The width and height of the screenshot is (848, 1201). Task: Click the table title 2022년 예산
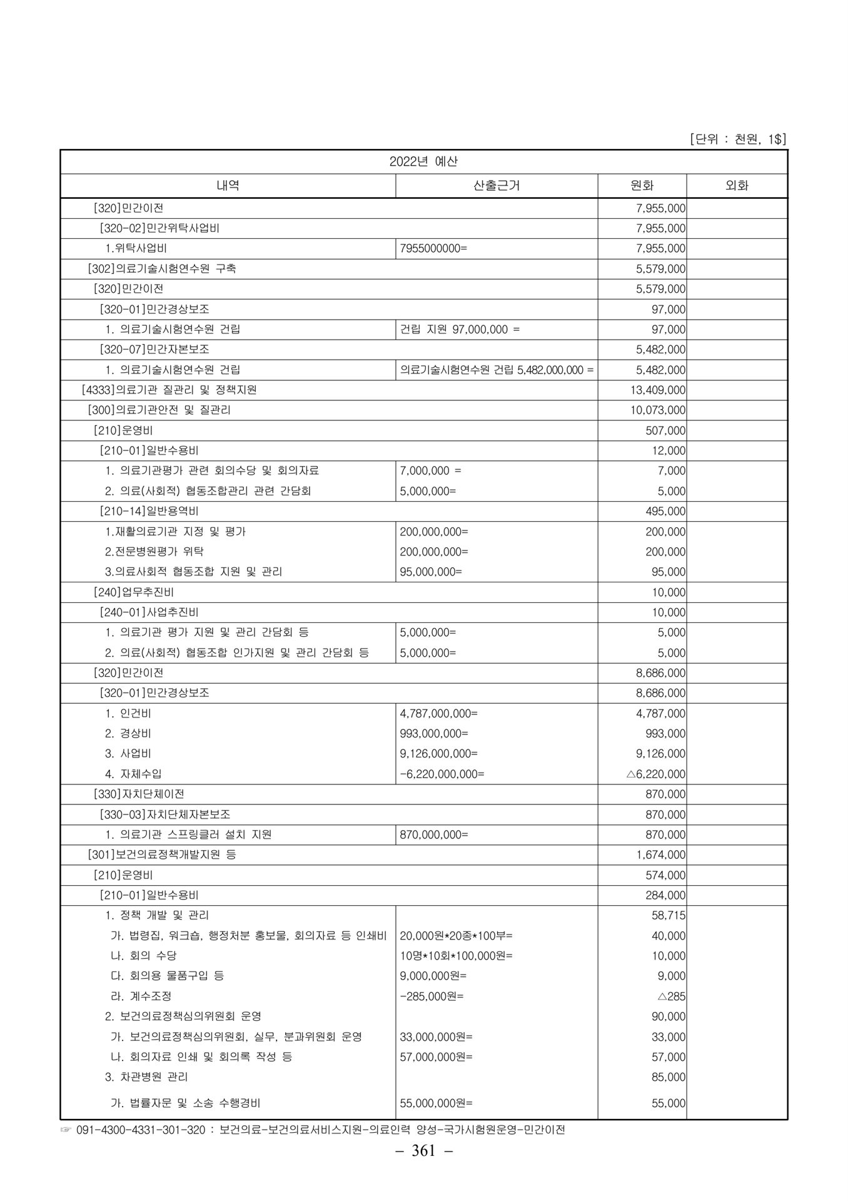[423, 161]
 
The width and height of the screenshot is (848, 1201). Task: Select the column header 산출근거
[497, 185]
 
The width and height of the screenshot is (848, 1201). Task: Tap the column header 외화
[737, 185]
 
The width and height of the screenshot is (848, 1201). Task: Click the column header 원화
[642, 185]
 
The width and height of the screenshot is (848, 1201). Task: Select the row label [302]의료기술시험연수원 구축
[163, 268]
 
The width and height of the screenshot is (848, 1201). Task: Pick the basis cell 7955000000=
[433, 248]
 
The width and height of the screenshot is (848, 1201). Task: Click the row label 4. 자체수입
[133, 774]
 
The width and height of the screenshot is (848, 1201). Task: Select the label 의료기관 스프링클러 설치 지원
[195, 834]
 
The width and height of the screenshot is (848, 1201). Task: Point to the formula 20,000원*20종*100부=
[456, 936]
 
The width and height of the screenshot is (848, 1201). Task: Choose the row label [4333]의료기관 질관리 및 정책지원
[169, 390]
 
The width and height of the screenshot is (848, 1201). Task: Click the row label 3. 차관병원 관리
[146, 1077]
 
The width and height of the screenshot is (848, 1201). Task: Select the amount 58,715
[669, 915]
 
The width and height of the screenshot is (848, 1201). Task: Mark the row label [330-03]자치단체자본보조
[165, 814]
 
